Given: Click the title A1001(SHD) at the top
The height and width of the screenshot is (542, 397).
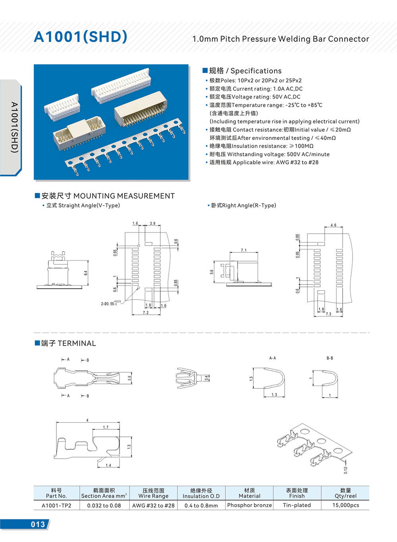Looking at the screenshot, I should [x=81, y=37].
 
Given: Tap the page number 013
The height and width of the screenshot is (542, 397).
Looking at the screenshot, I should [x=38, y=524].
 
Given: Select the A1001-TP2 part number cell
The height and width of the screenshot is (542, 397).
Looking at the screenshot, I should [x=56, y=505].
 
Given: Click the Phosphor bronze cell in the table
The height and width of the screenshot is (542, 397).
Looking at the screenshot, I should [x=249, y=505].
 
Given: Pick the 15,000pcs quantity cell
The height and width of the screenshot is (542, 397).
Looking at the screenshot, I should [x=345, y=505].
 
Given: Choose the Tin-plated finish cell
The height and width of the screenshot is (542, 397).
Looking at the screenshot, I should [x=297, y=505].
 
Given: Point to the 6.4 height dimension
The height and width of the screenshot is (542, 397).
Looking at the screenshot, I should [x=85, y=273].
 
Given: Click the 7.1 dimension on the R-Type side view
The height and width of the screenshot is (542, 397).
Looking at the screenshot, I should [x=243, y=250].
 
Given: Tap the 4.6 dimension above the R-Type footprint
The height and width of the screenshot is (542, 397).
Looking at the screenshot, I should [x=333, y=225].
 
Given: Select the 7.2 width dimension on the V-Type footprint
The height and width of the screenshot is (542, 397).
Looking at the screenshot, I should [x=146, y=313].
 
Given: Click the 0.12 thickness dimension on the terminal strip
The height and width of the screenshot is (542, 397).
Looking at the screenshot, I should [x=345, y=470].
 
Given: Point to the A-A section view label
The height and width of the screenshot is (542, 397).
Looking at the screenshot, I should [x=272, y=358].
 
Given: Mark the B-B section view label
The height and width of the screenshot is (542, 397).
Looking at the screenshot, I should [x=330, y=358].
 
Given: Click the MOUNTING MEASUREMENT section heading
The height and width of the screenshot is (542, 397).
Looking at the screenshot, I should [x=108, y=196].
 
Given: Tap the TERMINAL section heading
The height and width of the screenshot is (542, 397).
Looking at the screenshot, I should [x=68, y=343].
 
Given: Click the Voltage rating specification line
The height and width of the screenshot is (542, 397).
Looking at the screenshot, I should [x=254, y=97].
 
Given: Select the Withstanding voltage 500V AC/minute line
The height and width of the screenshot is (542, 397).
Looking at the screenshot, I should [x=269, y=154].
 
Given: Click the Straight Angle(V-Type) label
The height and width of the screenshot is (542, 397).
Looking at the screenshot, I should [x=83, y=206].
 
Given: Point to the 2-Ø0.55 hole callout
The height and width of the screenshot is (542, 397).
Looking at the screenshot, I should [x=110, y=304].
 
